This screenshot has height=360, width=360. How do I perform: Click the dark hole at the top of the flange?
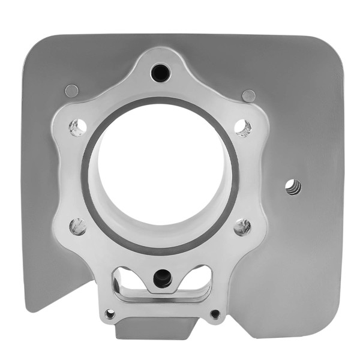pyautogui.click(x=161, y=73)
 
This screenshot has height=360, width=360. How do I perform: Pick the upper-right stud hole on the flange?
pyautogui.click(x=242, y=127)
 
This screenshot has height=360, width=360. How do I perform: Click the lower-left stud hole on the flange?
pyautogui.click(x=77, y=226)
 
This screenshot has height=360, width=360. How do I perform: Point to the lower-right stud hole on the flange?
pyautogui.click(x=242, y=226)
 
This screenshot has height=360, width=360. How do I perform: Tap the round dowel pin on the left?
pyautogui.click(x=71, y=91)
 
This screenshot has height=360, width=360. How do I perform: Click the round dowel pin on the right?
pyautogui.click(x=248, y=95)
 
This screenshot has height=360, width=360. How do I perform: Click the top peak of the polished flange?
pyautogui.click(x=161, y=50)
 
